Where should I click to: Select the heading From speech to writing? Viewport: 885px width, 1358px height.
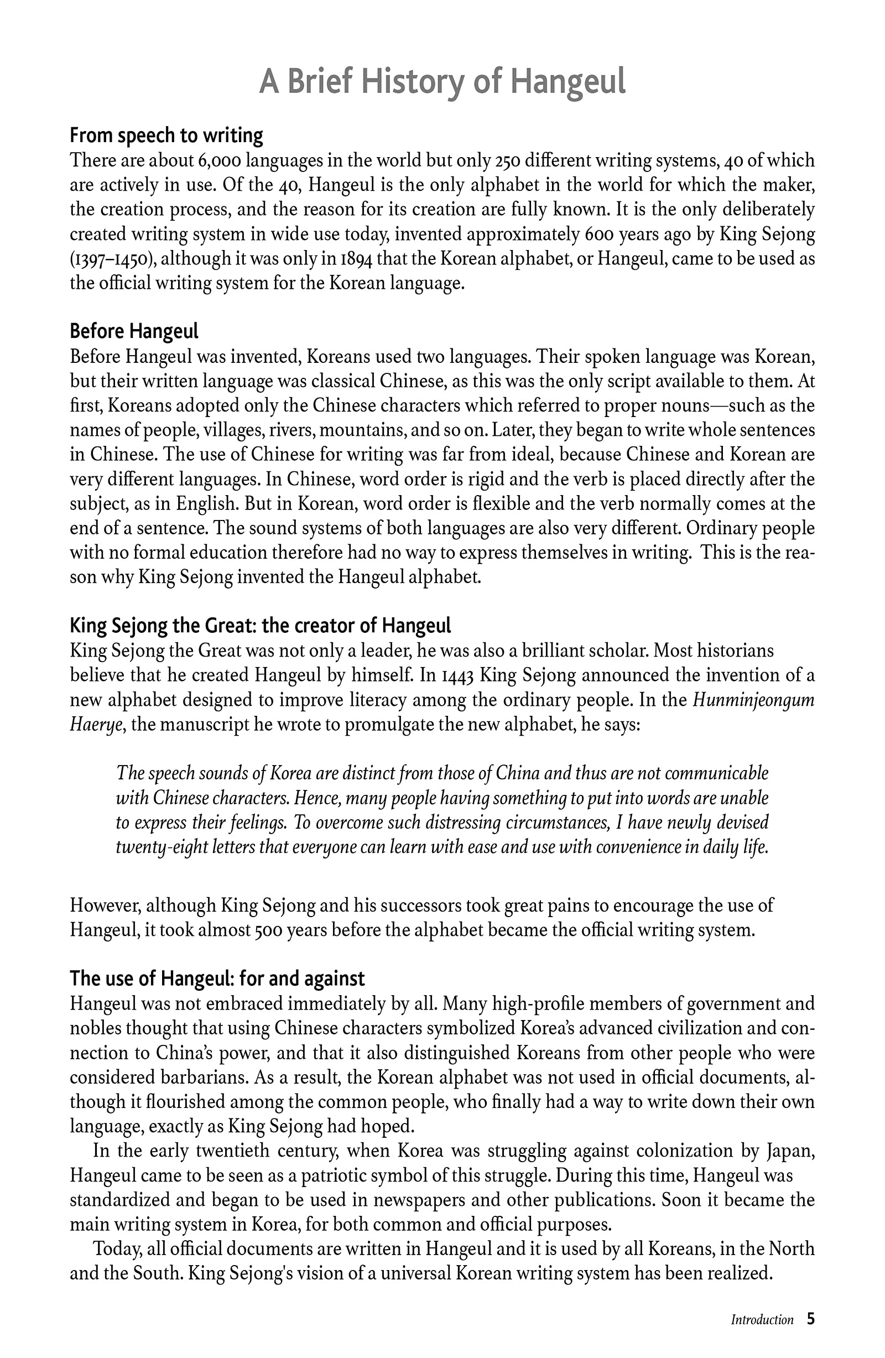pyautogui.click(x=166, y=136)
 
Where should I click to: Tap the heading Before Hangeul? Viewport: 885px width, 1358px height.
pyautogui.click(x=134, y=331)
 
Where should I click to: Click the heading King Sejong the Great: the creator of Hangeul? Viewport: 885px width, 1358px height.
pyautogui.click(x=260, y=626)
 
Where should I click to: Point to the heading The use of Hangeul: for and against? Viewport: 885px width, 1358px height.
pyautogui.click(x=217, y=978)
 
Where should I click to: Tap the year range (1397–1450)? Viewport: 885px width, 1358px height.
pyautogui.click(x=111, y=259)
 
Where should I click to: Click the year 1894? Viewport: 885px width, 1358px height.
pyautogui.click(x=357, y=259)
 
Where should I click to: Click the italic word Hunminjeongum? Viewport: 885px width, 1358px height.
pyautogui.click(x=753, y=700)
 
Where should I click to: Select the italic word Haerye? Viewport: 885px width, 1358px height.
pyautogui.click(x=96, y=725)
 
